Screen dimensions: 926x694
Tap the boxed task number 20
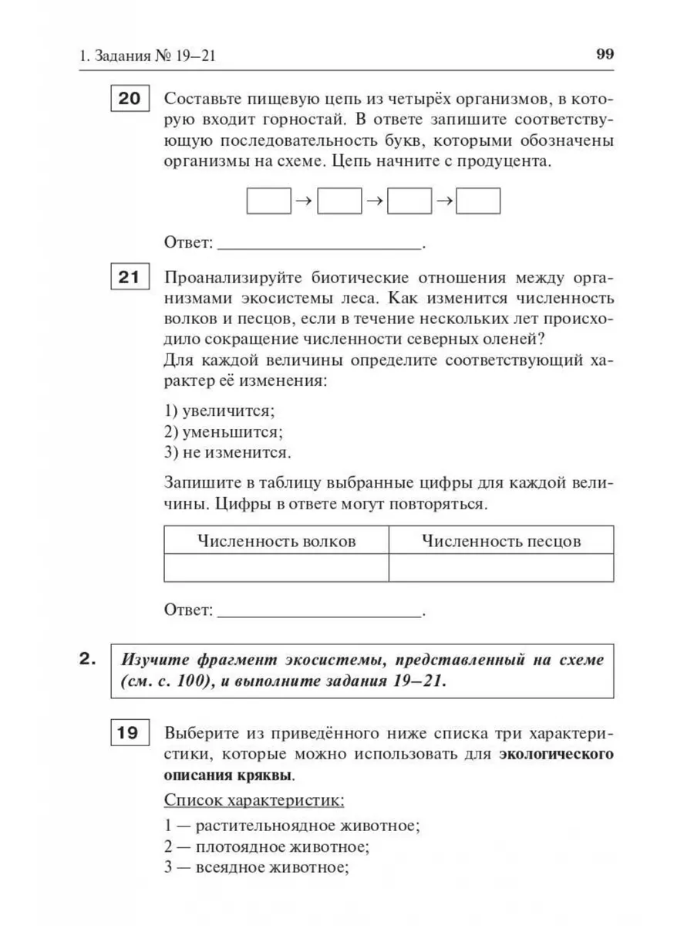click(x=132, y=100)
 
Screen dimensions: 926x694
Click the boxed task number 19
click(x=132, y=733)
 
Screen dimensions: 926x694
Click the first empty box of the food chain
click(x=268, y=201)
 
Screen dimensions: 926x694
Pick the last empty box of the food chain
click(x=479, y=201)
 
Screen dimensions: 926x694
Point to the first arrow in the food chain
click(x=303, y=201)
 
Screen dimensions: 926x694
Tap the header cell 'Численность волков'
click(x=276, y=541)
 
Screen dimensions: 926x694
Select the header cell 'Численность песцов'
click(x=501, y=541)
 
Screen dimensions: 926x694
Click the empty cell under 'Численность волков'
click(x=276, y=568)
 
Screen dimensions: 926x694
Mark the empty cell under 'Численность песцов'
click(x=501, y=568)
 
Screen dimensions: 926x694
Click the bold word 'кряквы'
click(x=264, y=774)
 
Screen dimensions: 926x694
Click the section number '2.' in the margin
click(x=87, y=659)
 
